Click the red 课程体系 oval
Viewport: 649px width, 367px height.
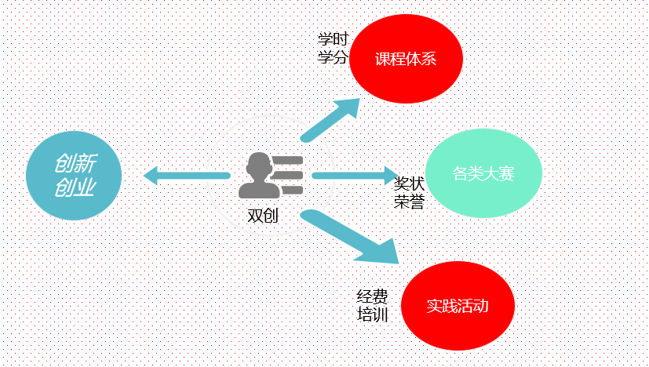[x=406, y=60]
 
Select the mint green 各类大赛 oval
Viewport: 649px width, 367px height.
[x=483, y=173]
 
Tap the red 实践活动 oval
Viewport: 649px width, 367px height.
[x=458, y=306]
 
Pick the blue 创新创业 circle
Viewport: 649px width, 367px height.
[x=74, y=174]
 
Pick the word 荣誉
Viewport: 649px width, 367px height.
[x=409, y=202]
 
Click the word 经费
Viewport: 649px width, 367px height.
[x=372, y=297]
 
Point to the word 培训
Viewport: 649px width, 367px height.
[x=372, y=315]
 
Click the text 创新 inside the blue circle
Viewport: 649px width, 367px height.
[x=75, y=162]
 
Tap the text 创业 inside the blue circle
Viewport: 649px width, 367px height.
[x=74, y=187]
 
